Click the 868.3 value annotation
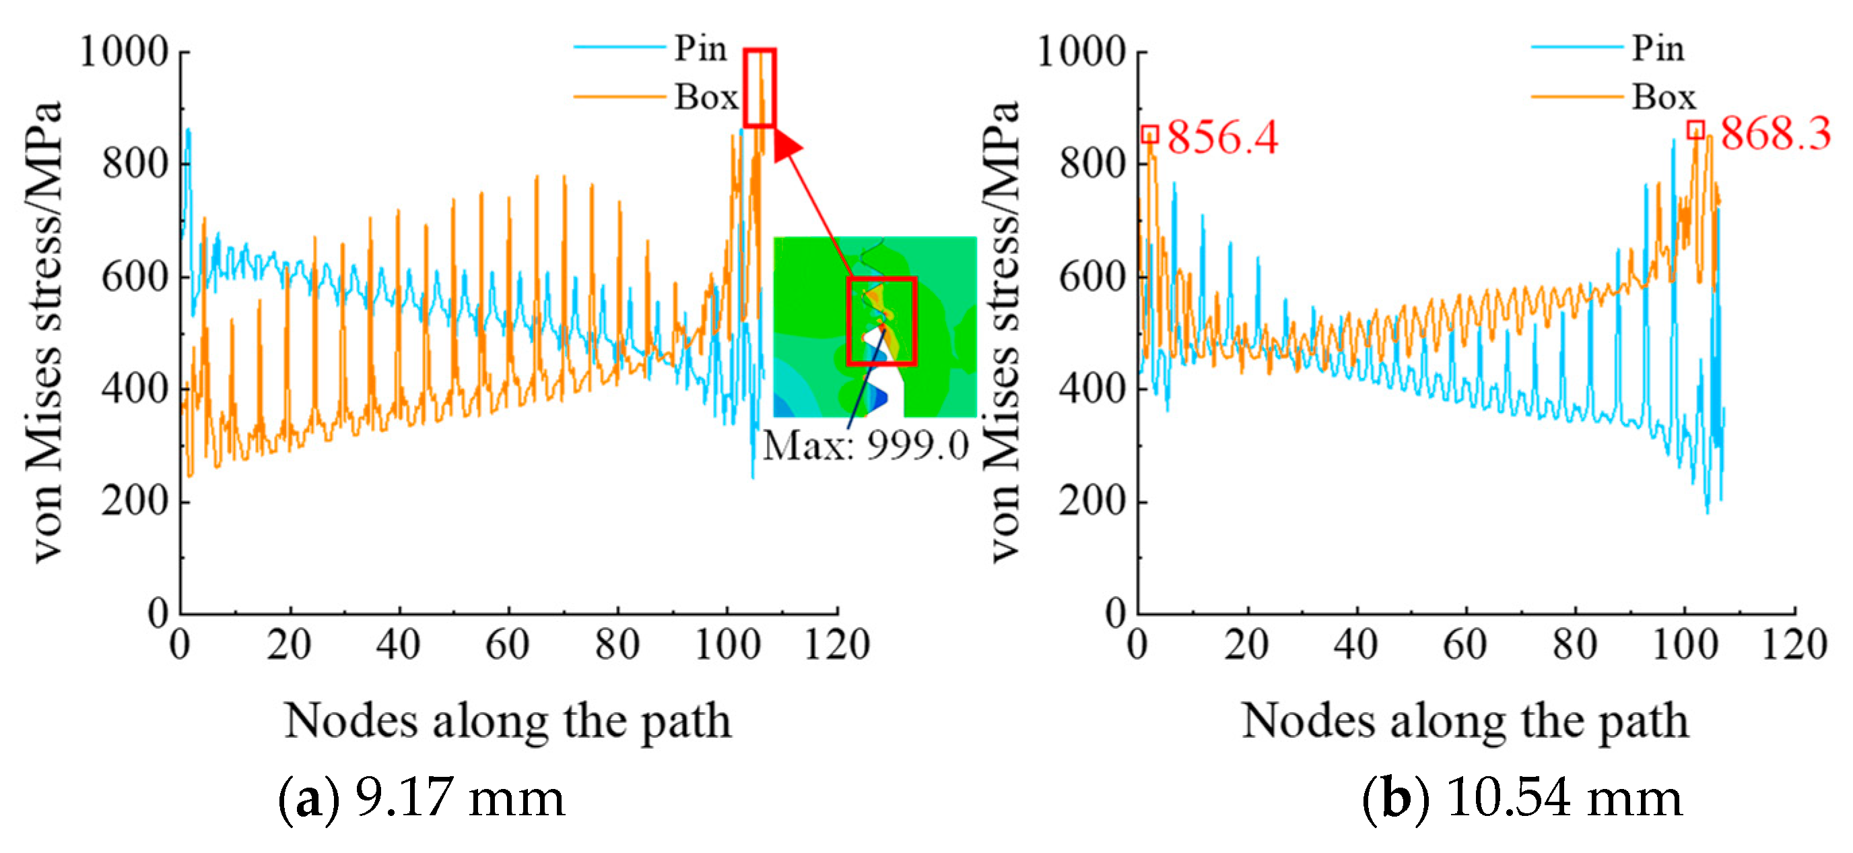1775,133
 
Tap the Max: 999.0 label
865,445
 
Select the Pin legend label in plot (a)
700,49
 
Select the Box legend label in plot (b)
1663,97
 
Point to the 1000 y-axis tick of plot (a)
124,52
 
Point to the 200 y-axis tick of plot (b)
1092,501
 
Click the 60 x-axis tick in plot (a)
508,644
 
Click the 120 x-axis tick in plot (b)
1794,644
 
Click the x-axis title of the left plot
508,721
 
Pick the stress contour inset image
875,327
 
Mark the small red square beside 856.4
1149,135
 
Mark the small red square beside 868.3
1695,130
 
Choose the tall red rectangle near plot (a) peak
760,88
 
